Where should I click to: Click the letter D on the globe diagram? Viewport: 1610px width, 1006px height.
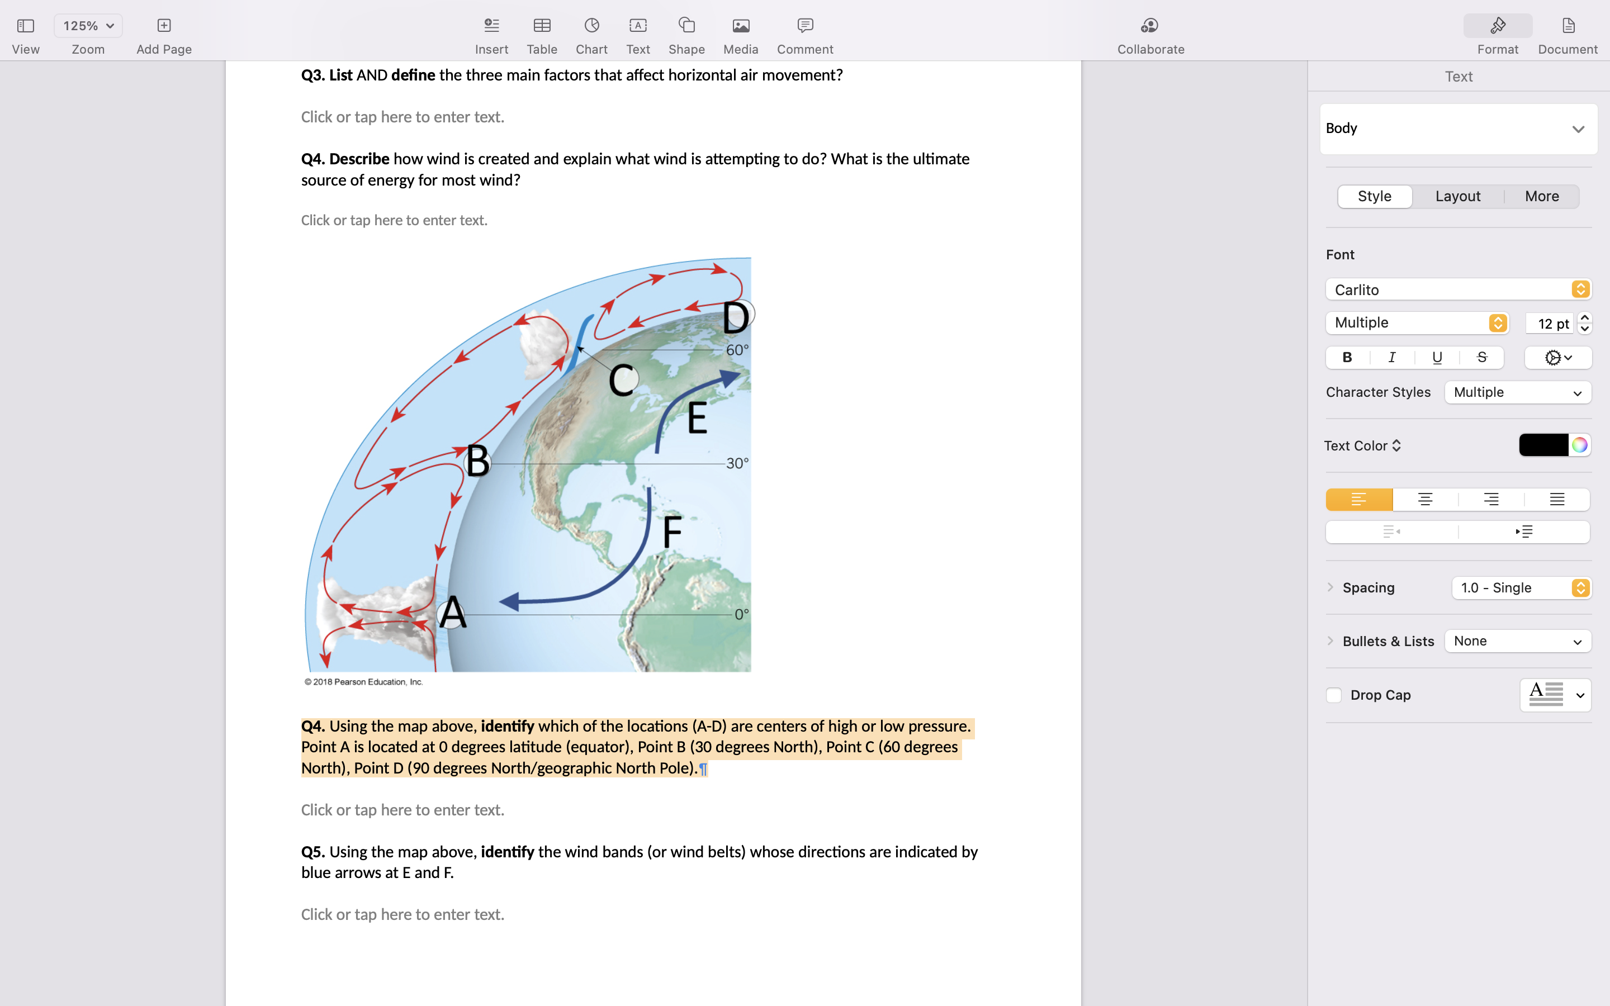[x=736, y=317]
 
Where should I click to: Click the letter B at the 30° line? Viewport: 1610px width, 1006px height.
[x=477, y=461]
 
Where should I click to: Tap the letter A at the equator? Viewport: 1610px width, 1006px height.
[x=452, y=612]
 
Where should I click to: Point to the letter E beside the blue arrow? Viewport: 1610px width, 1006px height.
[x=697, y=418]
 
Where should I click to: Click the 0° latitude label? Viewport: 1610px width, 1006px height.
[x=741, y=614]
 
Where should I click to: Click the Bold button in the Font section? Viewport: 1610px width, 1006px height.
[x=1347, y=358]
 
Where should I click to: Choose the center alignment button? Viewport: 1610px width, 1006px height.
[x=1424, y=500]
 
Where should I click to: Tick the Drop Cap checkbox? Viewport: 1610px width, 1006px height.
[x=1333, y=695]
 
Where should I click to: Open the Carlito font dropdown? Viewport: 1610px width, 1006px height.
[x=1457, y=290]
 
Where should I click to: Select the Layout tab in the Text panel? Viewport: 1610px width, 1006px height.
[x=1457, y=196]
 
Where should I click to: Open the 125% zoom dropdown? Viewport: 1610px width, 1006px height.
[x=88, y=26]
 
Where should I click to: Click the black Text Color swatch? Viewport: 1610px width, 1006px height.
[x=1543, y=445]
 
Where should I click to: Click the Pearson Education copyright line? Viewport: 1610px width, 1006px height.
[x=364, y=682]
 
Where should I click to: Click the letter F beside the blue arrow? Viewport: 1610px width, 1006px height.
[x=672, y=531]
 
